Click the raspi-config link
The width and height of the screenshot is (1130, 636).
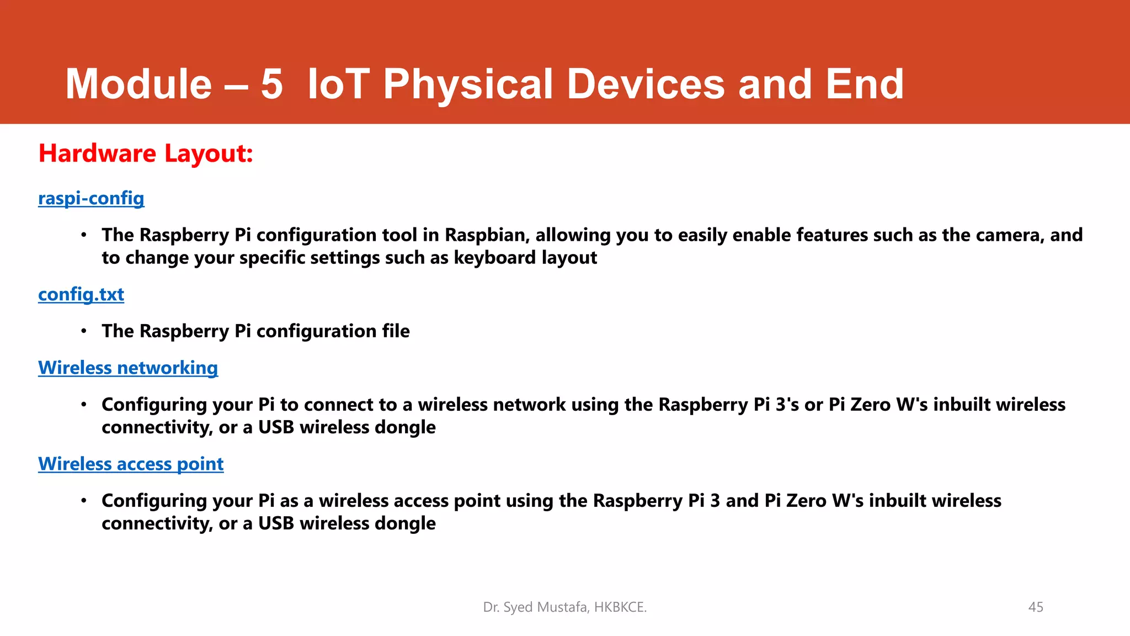[91, 198]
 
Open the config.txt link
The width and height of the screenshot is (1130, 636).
[81, 294]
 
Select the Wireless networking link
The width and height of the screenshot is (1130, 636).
[128, 368]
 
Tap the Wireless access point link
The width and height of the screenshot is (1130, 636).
[131, 464]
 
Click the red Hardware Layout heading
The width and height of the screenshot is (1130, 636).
[146, 153]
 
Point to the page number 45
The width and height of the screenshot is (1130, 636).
[1036, 607]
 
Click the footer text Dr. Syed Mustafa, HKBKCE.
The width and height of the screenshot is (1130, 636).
[564, 607]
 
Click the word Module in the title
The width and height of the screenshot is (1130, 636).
[138, 84]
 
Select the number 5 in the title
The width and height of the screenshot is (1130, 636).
[271, 84]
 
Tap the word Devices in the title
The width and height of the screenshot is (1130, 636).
[646, 84]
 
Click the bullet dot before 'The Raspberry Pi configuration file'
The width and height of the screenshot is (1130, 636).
[84, 331]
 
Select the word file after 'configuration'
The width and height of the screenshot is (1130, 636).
[396, 331]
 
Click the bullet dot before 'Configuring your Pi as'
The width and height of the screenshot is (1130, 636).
[84, 501]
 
